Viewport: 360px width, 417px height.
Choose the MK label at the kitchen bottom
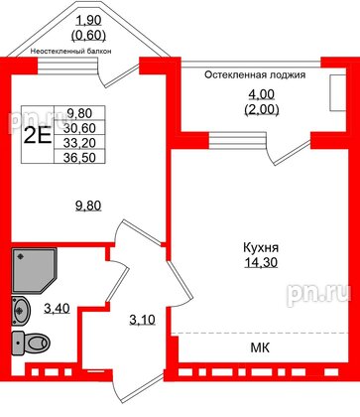coord(260,347)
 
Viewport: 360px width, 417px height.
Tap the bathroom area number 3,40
coord(58,308)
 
